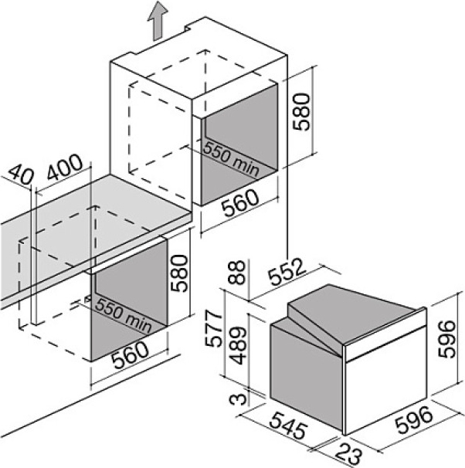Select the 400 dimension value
tap(64, 168)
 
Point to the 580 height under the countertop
tap(179, 273)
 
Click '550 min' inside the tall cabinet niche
tap(231, 159)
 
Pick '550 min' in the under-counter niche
tap(124, 315)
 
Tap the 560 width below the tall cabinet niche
tap(240, 203)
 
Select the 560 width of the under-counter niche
tap(131, 354)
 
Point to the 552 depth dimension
tap(287, 272)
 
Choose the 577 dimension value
tap(214, 328)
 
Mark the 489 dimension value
tap(239, 346)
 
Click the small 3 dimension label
tap(239, 399)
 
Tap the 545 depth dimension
tap(288, 426)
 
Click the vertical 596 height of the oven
tap(447, 339)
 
